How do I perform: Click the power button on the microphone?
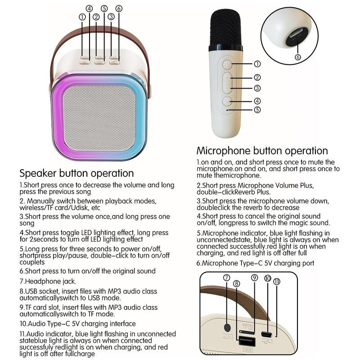point(227,64)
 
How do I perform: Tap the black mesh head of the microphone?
point(226,29)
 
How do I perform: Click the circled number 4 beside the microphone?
point(257,101)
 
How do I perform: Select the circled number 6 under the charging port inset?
point(298,57)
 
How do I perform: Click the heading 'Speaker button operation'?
point(76,173)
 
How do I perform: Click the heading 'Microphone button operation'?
point(262,151)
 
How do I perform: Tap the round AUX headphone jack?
point(227,328)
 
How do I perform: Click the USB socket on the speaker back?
point(247,341)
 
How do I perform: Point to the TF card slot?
point(247,332)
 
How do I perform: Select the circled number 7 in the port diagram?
point(226,278)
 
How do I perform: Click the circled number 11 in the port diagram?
point(277,282)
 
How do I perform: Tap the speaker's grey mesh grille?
point(99,118)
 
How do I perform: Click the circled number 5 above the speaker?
point(104,9)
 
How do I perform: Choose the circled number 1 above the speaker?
point(82,17)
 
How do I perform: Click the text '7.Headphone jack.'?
point(48,281)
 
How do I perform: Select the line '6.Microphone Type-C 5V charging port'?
point(255,263)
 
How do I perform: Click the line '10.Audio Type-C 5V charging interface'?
point(77,324)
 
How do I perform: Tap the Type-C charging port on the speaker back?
point(266,334)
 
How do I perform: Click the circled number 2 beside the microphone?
point(257,77)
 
